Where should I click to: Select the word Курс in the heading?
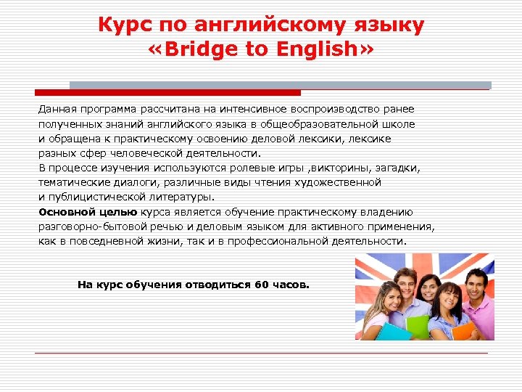pyautogui.click(x=124, y=26)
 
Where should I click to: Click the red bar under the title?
pyautogui.click(x=167, y=93)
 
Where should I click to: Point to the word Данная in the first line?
pyautogui.click(x=57, y=109)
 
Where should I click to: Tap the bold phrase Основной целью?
pyautogui.click(x=88, y=212)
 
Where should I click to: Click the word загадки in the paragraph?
pyautogui.click(x=399, y=168)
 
